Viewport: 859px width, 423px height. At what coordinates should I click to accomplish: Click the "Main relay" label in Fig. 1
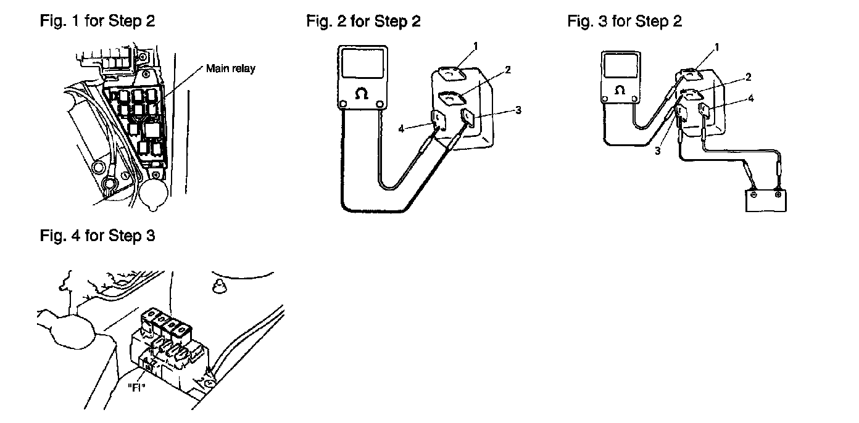click(230, 69)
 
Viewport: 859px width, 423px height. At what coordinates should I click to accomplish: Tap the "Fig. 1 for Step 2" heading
click(98, 21)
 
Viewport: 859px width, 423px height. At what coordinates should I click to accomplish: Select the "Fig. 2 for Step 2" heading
click(363, 21)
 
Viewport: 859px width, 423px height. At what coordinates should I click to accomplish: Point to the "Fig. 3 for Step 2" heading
click(625, 21)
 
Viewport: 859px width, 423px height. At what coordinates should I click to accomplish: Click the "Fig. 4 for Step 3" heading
click(98, 236)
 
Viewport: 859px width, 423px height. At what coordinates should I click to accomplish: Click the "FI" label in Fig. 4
click(136, 388)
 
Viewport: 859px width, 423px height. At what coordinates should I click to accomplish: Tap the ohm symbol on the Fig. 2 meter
click(361, 94)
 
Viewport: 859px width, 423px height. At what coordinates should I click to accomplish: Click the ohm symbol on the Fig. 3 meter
click(620, 90)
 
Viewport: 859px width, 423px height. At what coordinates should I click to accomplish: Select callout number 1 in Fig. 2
click(476, 46)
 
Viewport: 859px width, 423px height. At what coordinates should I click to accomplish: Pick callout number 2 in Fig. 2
click(508, 70)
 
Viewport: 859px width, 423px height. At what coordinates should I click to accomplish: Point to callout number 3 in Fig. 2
click(518, 110)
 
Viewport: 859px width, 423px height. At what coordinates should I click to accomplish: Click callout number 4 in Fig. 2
click(401, 129)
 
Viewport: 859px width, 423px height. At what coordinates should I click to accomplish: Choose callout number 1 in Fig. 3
click(716, 47)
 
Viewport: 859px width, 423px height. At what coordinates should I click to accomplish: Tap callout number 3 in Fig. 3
click(658, 151)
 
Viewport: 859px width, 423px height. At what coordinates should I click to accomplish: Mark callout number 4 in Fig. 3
click(751, 99)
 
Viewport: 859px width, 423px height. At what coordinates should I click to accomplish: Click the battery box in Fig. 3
click(766, 201)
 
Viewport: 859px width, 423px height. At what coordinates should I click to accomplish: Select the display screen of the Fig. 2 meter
click(362, 64)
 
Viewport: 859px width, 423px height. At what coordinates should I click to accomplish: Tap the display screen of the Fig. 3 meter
click(620, 66)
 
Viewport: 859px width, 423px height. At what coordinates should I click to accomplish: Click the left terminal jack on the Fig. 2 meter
click(343, 104)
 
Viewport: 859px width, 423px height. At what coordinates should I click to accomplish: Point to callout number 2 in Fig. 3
click(748, 78)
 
